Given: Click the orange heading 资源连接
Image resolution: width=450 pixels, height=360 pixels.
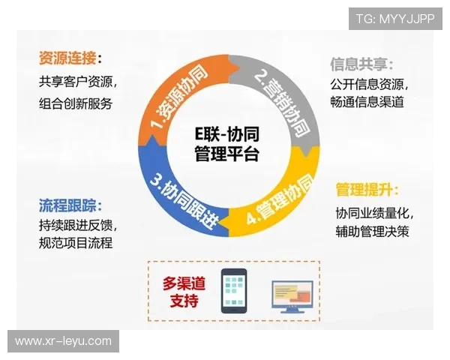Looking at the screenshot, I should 70,58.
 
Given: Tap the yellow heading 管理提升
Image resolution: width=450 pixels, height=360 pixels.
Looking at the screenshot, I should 367,189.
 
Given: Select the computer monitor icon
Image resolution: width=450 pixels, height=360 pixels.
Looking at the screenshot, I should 292,295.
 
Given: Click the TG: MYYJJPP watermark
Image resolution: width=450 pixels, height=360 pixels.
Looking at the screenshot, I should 395,17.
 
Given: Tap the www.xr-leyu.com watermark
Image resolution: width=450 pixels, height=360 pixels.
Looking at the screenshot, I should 63,341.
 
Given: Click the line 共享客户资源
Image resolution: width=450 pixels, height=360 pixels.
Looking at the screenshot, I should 77,81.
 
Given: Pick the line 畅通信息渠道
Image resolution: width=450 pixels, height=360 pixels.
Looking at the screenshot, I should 367,101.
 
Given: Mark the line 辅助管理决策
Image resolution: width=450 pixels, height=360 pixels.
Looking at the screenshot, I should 373,232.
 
